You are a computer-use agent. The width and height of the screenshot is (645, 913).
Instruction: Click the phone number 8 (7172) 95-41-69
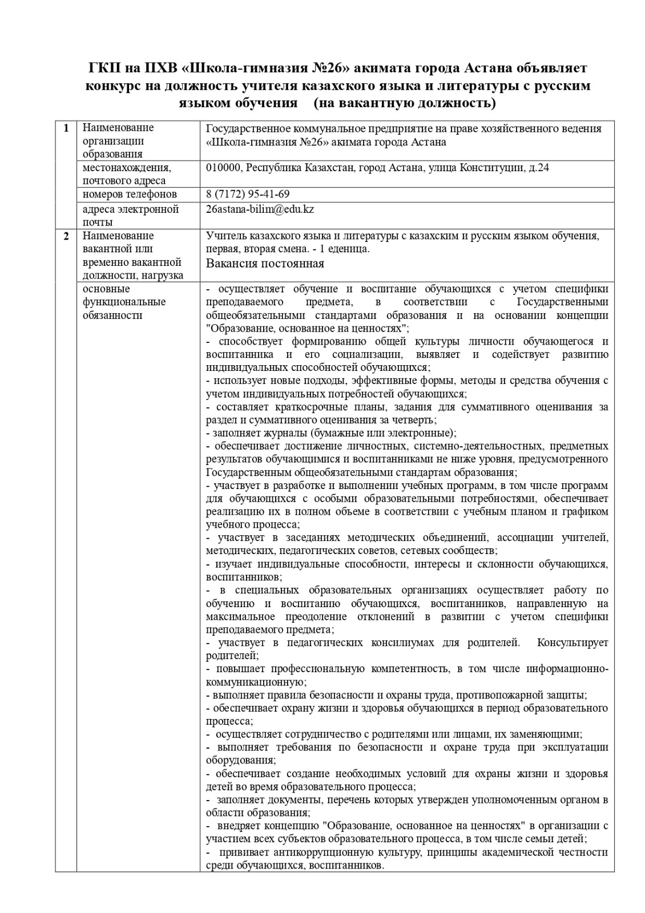(x=248, y=194)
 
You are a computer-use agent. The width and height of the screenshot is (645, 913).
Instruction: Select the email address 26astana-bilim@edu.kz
(x=260, y=209)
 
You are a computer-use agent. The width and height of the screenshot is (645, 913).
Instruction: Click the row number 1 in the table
(x=66, y=128)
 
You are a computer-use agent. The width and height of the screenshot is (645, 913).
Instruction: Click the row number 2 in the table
(x=66, y=236)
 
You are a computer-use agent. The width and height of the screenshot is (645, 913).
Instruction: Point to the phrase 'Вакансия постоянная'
(x=265, y=263)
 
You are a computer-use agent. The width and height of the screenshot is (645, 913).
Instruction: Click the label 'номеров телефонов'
(x=130, y=194)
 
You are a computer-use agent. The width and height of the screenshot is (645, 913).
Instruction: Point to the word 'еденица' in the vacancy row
(x=350, y=249)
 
